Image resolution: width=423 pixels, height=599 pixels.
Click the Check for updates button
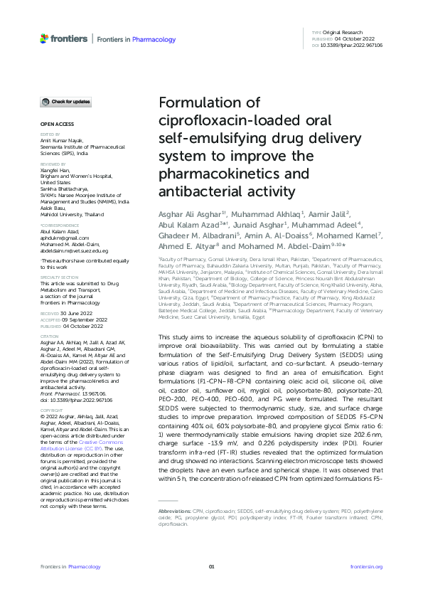click(65, 102)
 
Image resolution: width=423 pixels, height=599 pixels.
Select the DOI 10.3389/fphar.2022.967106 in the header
click(352, 45)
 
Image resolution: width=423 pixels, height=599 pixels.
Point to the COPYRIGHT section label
click(50, 391)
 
